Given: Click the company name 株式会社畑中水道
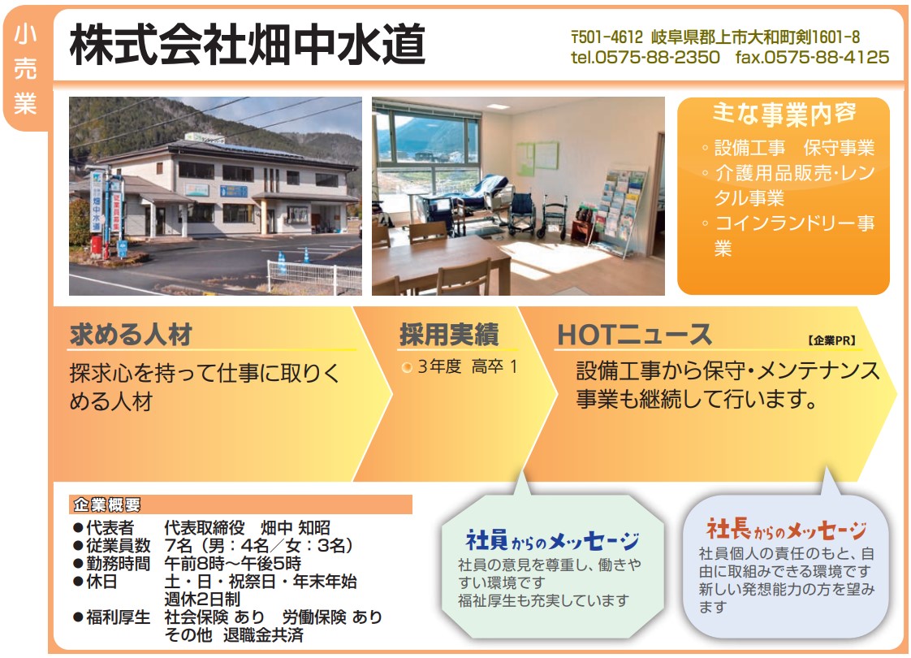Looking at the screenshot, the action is tap(248, 45).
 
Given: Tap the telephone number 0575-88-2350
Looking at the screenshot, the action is tap(658, 57).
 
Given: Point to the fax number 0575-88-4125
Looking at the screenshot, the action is tap(827, 57).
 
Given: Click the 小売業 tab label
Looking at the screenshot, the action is tap(25, 68).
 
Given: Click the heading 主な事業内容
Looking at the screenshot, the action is tap(784, 114).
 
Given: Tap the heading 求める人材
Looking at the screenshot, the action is tap(131, 334).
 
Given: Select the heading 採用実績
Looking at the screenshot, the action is tap(449, 334).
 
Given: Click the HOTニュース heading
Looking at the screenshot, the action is tap(634, 335).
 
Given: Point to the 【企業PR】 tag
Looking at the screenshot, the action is tap(831, 340).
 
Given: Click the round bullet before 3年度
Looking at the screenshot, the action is tap(407, 367).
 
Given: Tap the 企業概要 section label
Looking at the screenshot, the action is tap(107, 504).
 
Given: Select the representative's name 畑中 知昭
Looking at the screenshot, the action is tap(296, 527).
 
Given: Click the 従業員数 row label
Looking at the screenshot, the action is tap(119, 545).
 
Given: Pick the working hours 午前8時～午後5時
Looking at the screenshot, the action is tap(232, 563).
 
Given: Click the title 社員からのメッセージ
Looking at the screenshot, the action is tap(552, 541).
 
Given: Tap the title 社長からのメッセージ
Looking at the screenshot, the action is tap(786, 530).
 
